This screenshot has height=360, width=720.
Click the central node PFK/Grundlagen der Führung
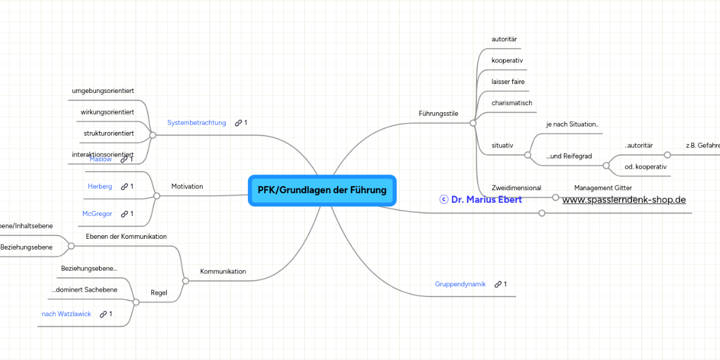(x=322, y=190)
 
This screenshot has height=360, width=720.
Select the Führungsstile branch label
(x=438, y=113)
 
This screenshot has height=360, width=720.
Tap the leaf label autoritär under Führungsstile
(x=504, y=39)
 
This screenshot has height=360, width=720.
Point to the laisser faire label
(x=508, y=82)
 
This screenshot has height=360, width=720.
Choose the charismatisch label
(x=512, y=103)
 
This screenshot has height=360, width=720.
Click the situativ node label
(x=502, y=145)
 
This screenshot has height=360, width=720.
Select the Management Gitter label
(x=603, y=188)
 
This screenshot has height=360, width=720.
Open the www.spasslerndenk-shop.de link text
(x=624, y=200)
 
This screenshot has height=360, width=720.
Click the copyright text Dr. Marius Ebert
(x=481, y=199)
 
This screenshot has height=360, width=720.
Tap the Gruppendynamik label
(x=460, y=284)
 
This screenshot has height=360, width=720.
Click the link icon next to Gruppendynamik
(x=498, y=284)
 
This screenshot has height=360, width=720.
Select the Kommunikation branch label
(x=223, y=271)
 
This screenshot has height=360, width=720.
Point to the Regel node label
(x=159, y=293)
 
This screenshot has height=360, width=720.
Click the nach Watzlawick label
(x=66, y=314)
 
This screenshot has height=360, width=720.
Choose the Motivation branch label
(x=187, y=187)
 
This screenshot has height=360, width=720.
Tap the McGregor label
(x=97, y=214)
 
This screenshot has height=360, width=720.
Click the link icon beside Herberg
(x=124, y=187)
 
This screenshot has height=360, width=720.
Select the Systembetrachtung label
(x=196, y=123)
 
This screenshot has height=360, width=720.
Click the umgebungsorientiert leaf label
(x=103, y=91)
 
